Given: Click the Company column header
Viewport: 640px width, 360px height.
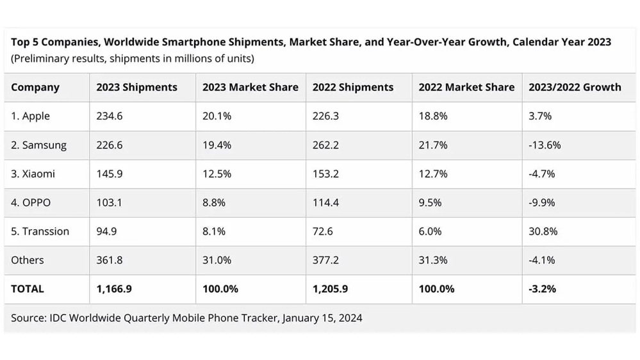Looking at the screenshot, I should tap(35, 87).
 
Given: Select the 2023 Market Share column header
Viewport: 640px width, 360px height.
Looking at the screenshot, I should tap(250, 87).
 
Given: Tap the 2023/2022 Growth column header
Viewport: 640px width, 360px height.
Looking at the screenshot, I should tap(575, 87).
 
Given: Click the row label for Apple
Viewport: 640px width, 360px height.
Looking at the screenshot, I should tap(31, 116).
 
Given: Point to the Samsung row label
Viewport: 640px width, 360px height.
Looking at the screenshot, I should tap(38, 145).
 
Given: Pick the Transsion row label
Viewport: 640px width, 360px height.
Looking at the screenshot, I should tap(40, 231).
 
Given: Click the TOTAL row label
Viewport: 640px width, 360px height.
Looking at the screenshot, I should tap(28, 289).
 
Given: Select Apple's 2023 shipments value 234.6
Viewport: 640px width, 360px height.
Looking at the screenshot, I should tap(110, 116).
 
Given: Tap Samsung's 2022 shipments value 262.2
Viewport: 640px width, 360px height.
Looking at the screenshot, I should tap(325, 145).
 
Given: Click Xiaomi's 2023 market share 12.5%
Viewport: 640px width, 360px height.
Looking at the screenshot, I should tap(215, 174).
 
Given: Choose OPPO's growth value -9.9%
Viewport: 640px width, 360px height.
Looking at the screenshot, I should tap(541, 202).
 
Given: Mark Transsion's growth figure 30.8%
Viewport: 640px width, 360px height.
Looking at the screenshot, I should tap(543, 231).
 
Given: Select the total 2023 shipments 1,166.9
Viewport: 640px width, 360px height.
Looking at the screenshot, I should tap(114, 289).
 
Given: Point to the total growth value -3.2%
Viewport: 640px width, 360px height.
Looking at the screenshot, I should tap(542, 289).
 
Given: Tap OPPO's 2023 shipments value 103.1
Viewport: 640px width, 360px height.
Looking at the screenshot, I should tap(109, 202).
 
